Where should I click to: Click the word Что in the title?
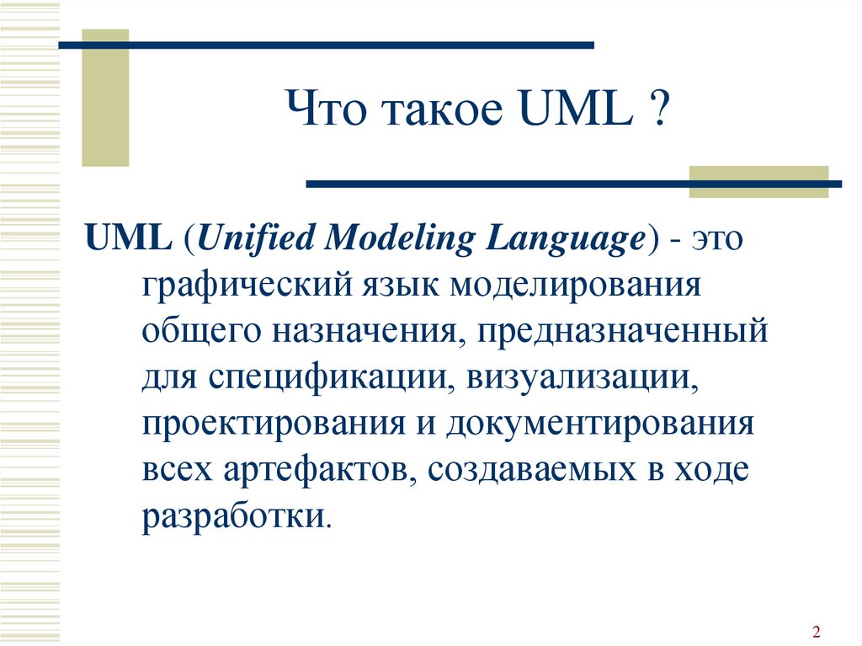[x=327, y=107]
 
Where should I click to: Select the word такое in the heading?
[x=442, y=110]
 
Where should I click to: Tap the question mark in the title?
[x=659, y=107]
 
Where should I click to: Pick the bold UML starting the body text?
[x=128, y=238]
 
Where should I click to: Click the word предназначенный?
[x=622, y=332]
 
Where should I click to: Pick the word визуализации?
[x=583, y=379]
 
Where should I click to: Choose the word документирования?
[x=599, y=424]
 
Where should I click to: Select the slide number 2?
[x=816, y=631]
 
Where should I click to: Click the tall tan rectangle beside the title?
[x=105, y=98]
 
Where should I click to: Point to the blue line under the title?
[x=574, y=184]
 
